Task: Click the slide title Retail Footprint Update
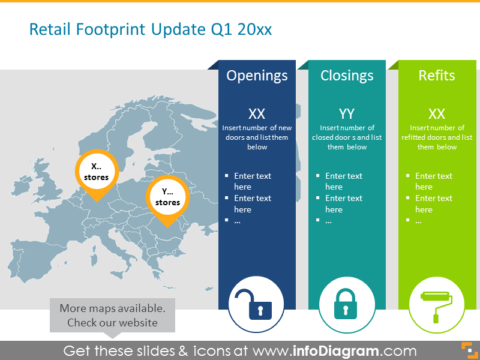[151, 29]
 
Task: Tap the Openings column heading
[257, 76]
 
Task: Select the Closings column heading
[347, 76]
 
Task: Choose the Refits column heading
[437, 76]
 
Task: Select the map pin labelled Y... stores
[167, 197]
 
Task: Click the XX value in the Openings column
[257, 114]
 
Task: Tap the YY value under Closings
[347, 114]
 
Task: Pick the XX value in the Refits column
[437, 114]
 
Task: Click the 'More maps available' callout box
[112, 316]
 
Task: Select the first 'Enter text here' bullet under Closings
[344, 181]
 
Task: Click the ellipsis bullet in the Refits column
[418, 221]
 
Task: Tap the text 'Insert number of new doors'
[257, 128]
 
